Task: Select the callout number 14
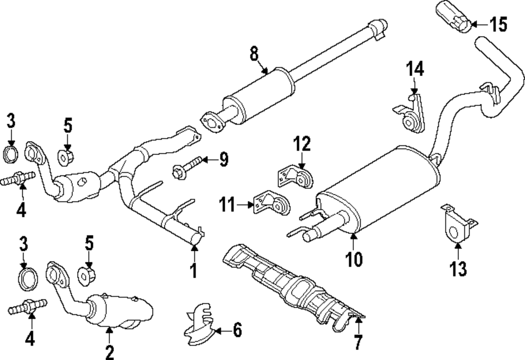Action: [415, 69]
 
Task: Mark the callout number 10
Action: [354, 258]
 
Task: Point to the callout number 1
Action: [193, 270]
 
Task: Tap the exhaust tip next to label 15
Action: [452, 17]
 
